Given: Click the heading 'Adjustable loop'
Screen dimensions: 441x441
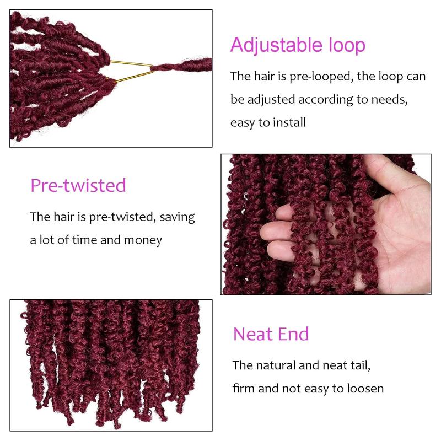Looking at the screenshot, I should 298,45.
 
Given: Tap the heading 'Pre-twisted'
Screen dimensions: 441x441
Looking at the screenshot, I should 78,185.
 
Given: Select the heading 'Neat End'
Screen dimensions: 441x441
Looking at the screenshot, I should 271,334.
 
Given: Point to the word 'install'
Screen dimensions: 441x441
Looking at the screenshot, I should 287,123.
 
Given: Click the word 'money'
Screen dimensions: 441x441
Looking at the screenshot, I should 144,240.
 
